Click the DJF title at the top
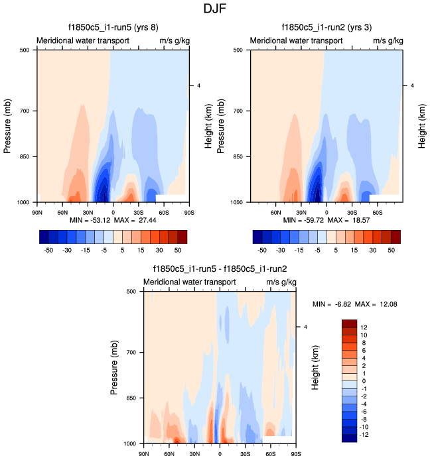point(214,9)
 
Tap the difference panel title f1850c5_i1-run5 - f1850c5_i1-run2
point(220,269)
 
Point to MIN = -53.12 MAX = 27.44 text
point(113,219)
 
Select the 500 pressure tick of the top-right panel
point(241,50)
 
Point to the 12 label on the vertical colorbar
point(364,327)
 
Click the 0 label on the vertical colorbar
point(362,382)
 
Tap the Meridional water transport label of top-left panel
point(82,40)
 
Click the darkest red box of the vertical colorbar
point(350,323)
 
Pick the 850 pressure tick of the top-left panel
point(28,156)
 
